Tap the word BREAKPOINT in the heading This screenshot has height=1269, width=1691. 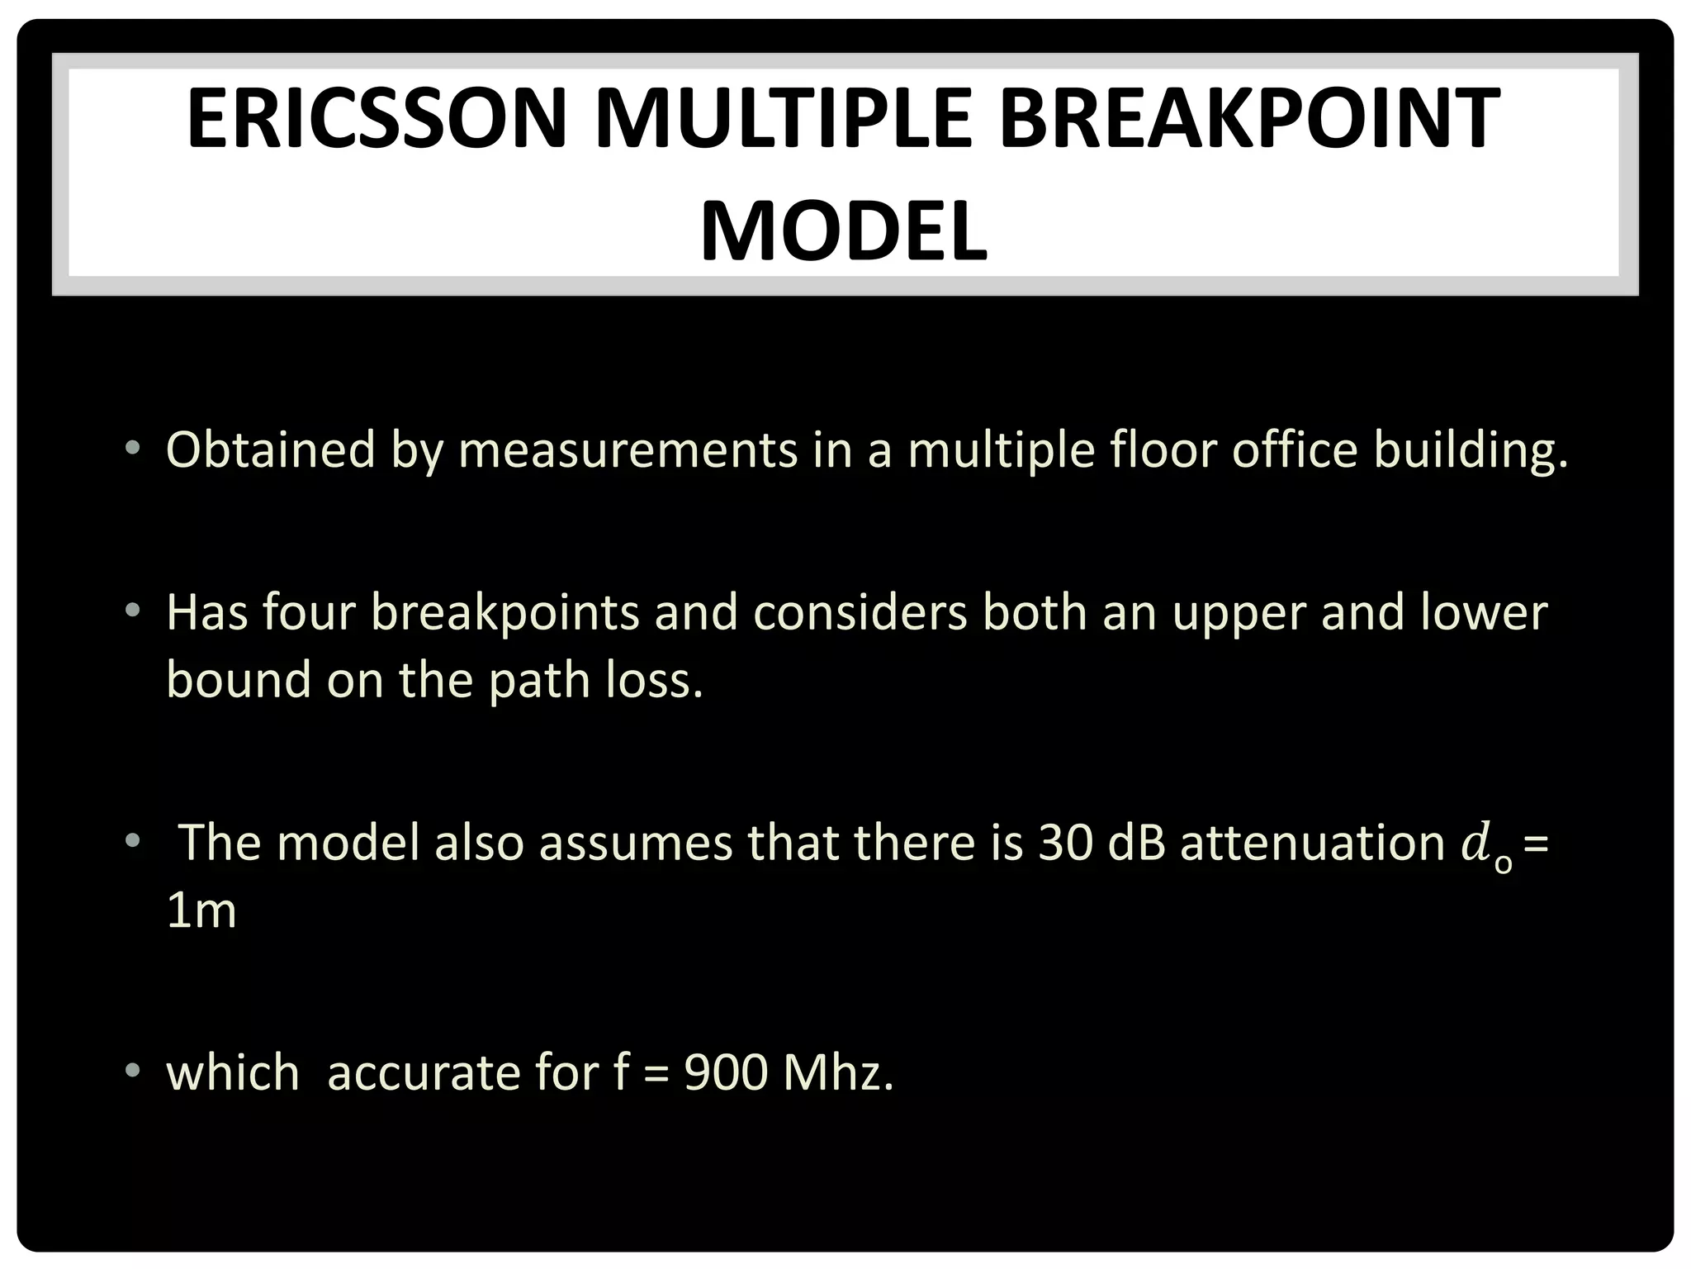click(1249, 120)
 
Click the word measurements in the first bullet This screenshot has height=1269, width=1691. click(628, 451)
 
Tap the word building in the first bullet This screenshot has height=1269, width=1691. click(1470, 451)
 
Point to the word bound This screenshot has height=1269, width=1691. click(239, 680)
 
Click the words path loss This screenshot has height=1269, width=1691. click(595, 680)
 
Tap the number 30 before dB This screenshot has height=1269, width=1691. click(1065, 844)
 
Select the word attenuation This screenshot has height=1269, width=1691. click(1312, 844)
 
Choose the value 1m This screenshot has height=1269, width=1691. click(201, 910)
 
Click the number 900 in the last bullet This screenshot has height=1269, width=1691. click(726, 1073)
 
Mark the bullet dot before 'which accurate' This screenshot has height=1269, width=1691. click(132, 1072)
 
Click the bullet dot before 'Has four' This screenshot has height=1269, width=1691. click(132, 611)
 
